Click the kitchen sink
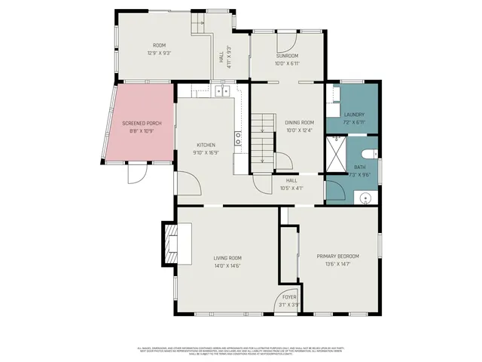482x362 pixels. (222, 91)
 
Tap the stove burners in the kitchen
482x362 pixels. (238, 137)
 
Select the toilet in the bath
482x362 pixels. (374, 155)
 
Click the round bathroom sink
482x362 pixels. (365, 198)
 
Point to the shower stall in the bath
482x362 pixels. (336, 155)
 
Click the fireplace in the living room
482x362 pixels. (170, 244)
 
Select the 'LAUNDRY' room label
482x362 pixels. (354, 114)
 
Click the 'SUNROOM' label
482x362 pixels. (287, 56)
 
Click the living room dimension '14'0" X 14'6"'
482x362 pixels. (227, 265)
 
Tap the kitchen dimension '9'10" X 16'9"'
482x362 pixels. (206, 152)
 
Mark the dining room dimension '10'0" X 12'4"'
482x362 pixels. (299, 130)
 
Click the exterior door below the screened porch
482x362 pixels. (137, 173)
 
